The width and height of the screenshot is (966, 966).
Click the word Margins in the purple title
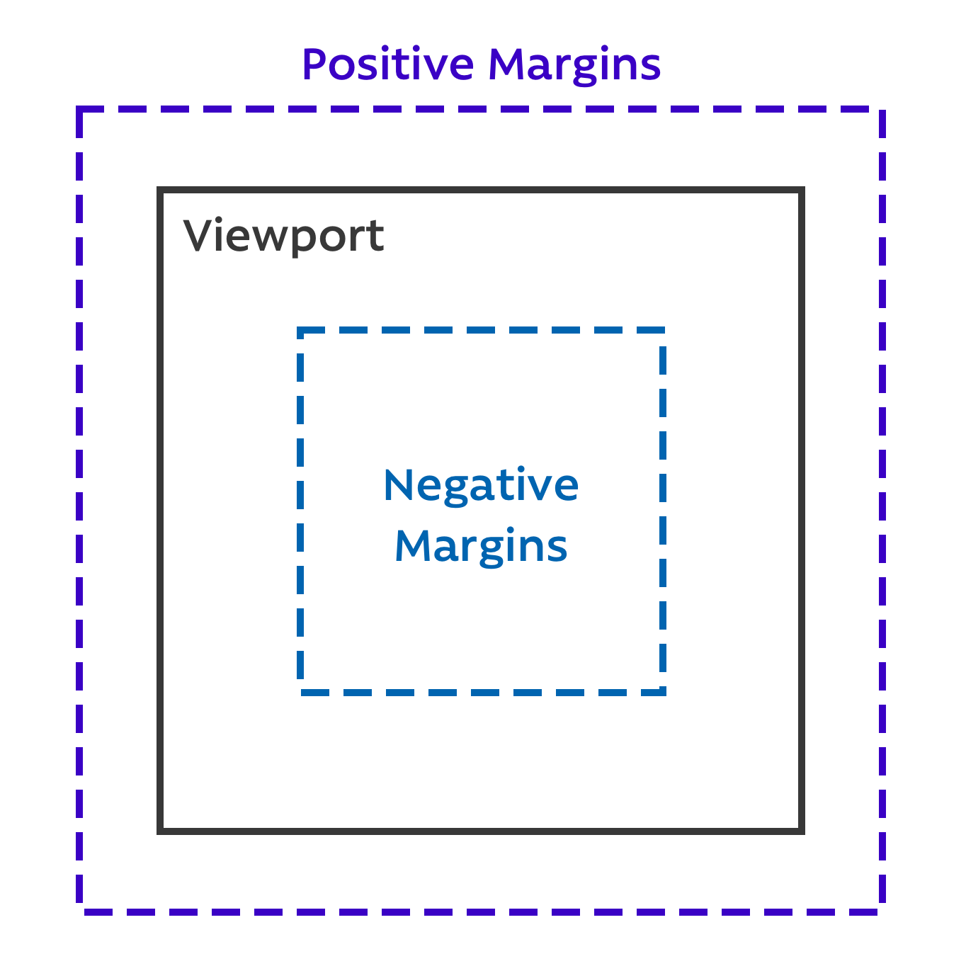tap(574, 66)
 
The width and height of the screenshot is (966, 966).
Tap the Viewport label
tap(283, 237)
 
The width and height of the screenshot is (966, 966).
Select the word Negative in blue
tap(481, 487)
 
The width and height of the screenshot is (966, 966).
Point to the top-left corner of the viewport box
tap(161, 191)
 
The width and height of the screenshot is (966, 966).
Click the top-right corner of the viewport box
tap(802, 191)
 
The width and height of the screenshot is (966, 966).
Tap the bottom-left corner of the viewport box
tap(161, 830)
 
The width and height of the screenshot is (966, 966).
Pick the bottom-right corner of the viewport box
tap(802, 830)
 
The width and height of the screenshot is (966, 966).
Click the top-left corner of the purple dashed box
tap(79, 110)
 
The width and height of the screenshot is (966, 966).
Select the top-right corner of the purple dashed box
tap(882, 110)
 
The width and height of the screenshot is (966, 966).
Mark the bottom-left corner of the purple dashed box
tap(79, 911)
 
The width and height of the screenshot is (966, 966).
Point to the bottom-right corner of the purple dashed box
tap(882, 911)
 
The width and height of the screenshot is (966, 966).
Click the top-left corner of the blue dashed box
tap(301, 331)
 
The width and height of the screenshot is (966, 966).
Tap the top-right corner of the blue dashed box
tap(663, 331)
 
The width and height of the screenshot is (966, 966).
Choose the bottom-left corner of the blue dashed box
tap(301, 693)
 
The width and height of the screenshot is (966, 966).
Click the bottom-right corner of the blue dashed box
tap(663, 693)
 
